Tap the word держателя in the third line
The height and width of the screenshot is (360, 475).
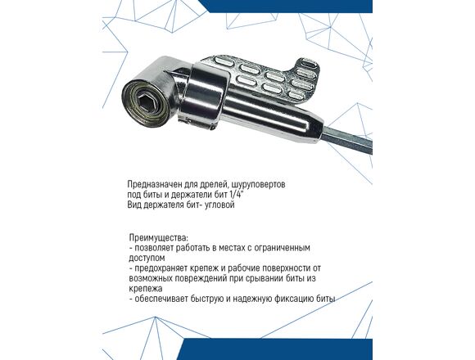coord(164,205)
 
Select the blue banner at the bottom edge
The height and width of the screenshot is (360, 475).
coord(276,349)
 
